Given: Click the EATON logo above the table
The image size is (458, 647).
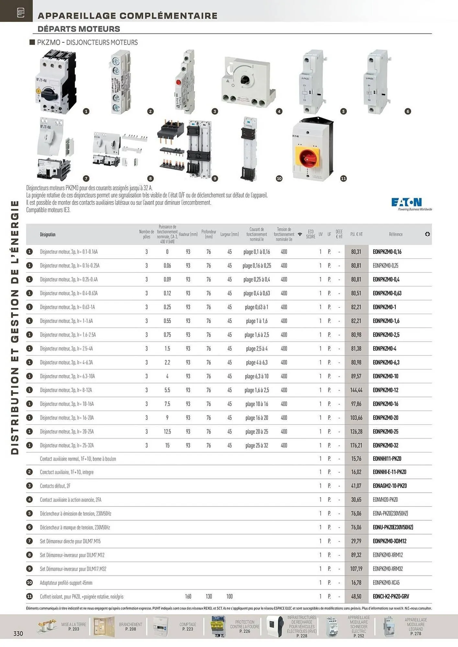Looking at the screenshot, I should pyautogui.click(x=406, y=203).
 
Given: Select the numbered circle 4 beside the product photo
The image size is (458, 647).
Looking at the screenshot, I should pyautogui.click(x=279, y=111).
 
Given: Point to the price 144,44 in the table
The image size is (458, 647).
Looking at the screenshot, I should pyautogui.click(x=356, y=390).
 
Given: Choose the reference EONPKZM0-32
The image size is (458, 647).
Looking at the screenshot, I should pyautogui.click(x=385, y=445).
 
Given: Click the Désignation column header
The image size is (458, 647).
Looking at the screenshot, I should pyautogui.click(x=48, y=234).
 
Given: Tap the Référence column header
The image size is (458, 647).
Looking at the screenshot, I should pyautogui.click(x=395, y=234).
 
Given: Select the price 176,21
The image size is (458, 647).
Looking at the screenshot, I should pyautogui.click(x=356, y=445).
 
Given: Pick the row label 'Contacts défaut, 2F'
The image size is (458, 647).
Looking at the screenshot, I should pyautogui.click(x=55, y=486).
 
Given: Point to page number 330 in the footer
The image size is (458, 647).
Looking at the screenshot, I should pyautogui.click(x=18, y=633).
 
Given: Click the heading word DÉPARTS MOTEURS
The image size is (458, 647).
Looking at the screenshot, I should pyautogui.click(x=79, y=29).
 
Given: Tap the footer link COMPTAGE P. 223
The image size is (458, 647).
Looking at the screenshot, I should pyautogui.click(x=188, y=627).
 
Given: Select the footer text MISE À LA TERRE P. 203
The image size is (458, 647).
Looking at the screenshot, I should pyautogui.click(x=74, y=627).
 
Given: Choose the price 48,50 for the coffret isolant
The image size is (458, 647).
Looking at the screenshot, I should pyautogui.click(x=356, y=596).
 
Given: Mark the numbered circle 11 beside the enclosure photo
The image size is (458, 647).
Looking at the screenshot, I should pyautogui.click(x=343, y=179).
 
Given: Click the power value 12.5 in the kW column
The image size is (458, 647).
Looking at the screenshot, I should pyautogui.click(x=167, y=432).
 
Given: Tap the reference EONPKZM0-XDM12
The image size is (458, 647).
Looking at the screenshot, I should pyautogui.click(x=389, y=541).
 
